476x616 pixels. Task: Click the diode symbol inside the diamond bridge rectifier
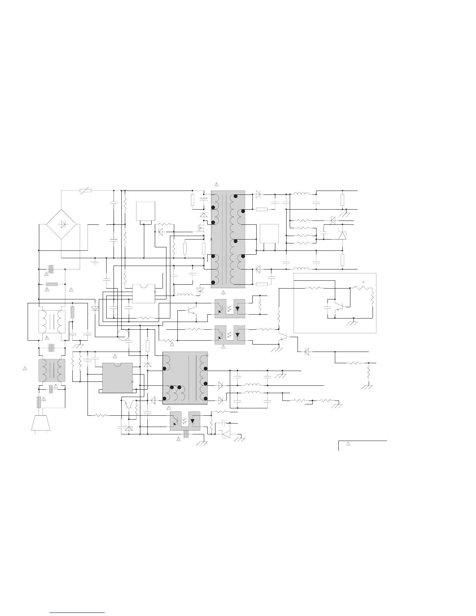(x=61, y=224)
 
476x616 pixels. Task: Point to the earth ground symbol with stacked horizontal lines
(x=95, y=263)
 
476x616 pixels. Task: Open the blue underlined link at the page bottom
(x=77, y=612)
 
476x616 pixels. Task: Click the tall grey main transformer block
(x=228, y=239)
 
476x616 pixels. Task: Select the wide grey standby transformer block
(x=185, y=378)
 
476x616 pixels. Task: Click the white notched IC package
(x=144, y=293)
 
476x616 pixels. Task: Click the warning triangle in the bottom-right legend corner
(x=349, y=444)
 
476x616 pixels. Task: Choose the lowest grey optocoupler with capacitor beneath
(x=185, y=421)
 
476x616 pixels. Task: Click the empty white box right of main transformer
(x=269, y=233)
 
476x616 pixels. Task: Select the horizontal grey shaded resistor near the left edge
(x=52, y=284)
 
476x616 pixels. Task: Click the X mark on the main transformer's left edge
(x=211, y=239)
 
